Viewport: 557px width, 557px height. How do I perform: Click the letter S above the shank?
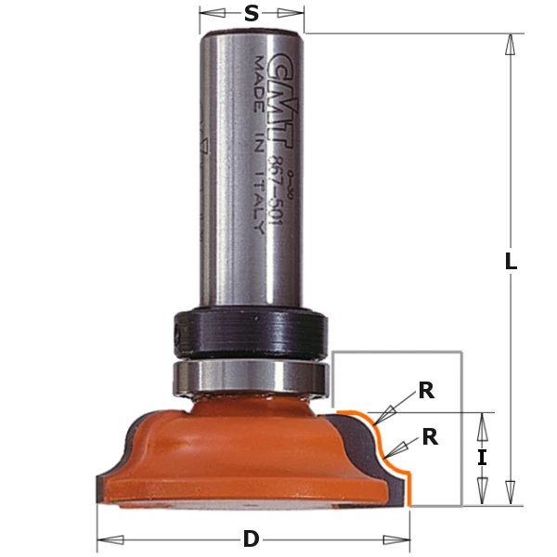point(252,13)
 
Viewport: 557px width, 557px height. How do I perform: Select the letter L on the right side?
point(510,262)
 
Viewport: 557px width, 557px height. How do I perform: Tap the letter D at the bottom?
point(252,539)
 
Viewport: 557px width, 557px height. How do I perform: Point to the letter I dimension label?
point(481,458)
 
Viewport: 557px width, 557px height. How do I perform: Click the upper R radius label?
point(426,391)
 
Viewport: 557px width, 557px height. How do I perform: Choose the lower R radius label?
point(430,436)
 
